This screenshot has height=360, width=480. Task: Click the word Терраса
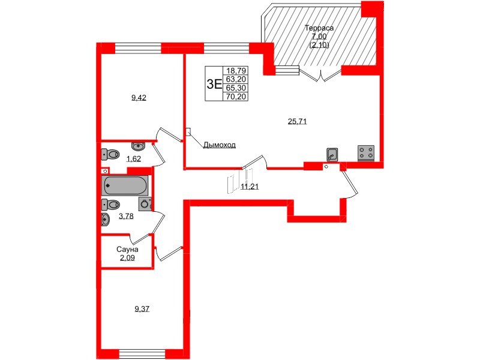click(319, 28)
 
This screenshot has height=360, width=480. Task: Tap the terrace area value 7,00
click(319, 36)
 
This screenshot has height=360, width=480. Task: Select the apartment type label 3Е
click(214, 84)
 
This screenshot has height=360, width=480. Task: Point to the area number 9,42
click(139, 98)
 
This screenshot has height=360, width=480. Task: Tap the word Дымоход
click(219, 145)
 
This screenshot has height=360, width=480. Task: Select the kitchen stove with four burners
click(366, 153)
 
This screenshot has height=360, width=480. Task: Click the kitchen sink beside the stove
click(332, 155)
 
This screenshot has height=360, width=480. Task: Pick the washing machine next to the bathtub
click(145, 204)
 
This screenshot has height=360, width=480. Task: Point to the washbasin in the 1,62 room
click(139, 146)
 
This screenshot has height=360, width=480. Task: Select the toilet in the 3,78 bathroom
click(111, 205)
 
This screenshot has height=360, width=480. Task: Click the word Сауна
click(127, 250)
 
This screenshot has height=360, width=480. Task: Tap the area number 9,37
click(142, 309)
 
